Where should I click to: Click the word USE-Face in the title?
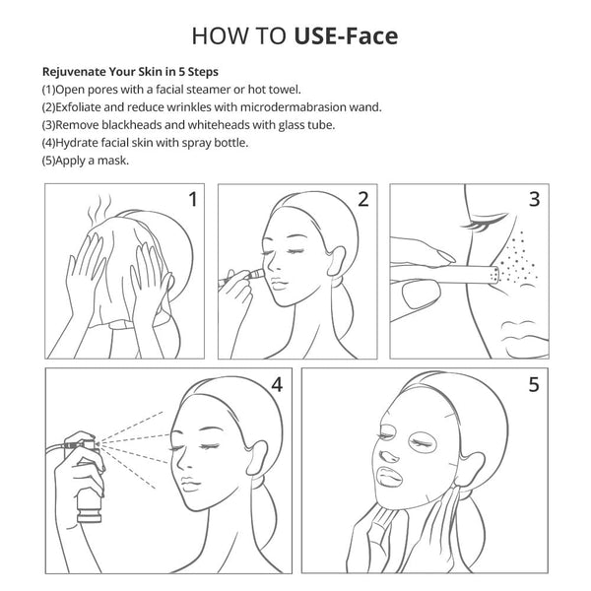click(346, 37)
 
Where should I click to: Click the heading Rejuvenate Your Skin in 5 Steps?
click(130, 72)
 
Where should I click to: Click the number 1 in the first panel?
click(193, 200)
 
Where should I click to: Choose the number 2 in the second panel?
click(362, 200)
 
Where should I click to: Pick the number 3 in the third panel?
click(534, 200)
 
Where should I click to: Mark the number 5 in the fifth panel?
click(533, 384)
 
